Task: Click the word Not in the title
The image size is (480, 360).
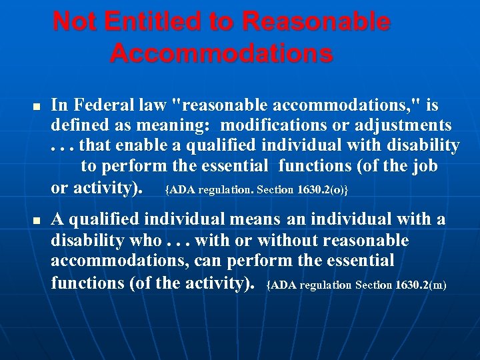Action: [75, 22]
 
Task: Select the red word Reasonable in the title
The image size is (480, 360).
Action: [316, 22]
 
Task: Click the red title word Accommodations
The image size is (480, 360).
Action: [221, 53]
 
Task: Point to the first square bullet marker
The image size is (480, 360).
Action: [38, 107]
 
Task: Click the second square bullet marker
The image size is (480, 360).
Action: [38, 221]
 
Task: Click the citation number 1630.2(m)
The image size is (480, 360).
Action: [421, 285]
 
